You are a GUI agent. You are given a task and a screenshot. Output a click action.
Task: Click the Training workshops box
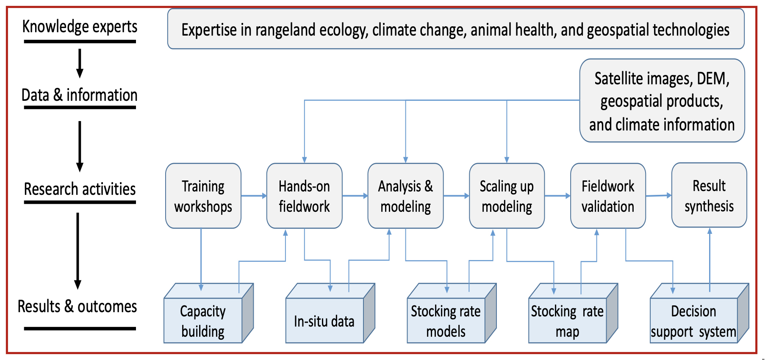click(203, 196)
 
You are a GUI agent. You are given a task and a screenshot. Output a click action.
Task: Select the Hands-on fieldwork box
click(304, 196)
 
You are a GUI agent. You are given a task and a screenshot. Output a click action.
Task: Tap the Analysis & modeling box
click(405, 196)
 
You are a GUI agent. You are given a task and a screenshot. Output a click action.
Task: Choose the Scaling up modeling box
click(507, 196)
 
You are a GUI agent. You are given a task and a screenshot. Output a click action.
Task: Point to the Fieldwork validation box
click(608, 196)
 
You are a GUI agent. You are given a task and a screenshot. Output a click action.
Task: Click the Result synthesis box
click(709, 195)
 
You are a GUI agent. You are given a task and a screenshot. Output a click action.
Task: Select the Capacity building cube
click(208, 313)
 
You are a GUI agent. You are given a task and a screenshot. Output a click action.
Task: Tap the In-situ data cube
click(330, 313)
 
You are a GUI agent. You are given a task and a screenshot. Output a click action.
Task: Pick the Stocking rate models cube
click(452, 313)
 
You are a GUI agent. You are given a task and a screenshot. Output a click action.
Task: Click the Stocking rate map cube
click(573, 313)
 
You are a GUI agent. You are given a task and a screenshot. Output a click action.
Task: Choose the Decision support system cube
click(699, 313)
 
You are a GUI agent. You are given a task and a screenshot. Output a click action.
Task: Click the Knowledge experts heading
click(80, 27)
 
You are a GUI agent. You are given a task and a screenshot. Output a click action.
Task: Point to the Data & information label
click(80, 95)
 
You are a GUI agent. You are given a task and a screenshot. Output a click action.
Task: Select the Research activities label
click(80, 189)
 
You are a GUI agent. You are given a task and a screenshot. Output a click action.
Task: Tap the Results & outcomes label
click(77, 306)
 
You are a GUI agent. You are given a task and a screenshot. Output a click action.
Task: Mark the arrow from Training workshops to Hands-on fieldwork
click(254, 196)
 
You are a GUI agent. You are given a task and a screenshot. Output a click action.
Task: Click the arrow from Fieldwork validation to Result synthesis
click(659, 196)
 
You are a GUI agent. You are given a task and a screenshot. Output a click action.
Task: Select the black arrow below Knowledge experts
click(80, 64)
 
